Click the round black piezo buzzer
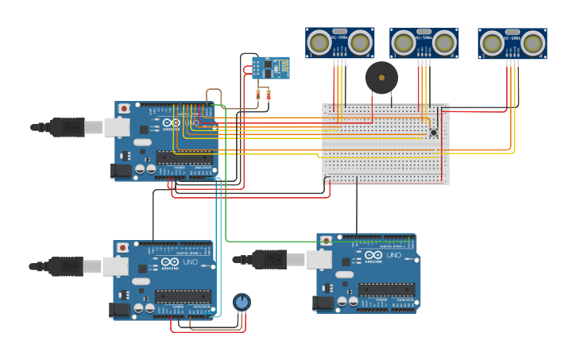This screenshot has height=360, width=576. click(x=381, y=78)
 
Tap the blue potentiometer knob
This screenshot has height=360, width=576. click(x=242, y=302)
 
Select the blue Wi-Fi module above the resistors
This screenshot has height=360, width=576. click(x=270, y=68)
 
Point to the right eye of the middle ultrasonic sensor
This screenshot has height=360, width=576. click(x=443, y=42)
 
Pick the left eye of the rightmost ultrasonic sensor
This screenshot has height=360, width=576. click(x=492, y=42)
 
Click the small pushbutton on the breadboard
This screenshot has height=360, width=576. click(x=433, y=132)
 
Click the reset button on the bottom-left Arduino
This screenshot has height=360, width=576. click(x=122, y=248)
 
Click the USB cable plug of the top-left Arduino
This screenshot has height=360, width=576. click(x=68, y=127)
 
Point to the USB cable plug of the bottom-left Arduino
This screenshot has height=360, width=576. click(x=66, y=266)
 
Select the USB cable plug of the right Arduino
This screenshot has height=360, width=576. click(x=270, y=259)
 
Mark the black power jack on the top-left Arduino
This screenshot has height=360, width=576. click(x=121, y=170)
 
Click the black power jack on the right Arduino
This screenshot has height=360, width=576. click(x=323, y=302)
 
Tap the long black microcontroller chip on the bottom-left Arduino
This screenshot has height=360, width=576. click(x=183, y=296)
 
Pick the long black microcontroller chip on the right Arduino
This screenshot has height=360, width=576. click(x=386, y=289)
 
